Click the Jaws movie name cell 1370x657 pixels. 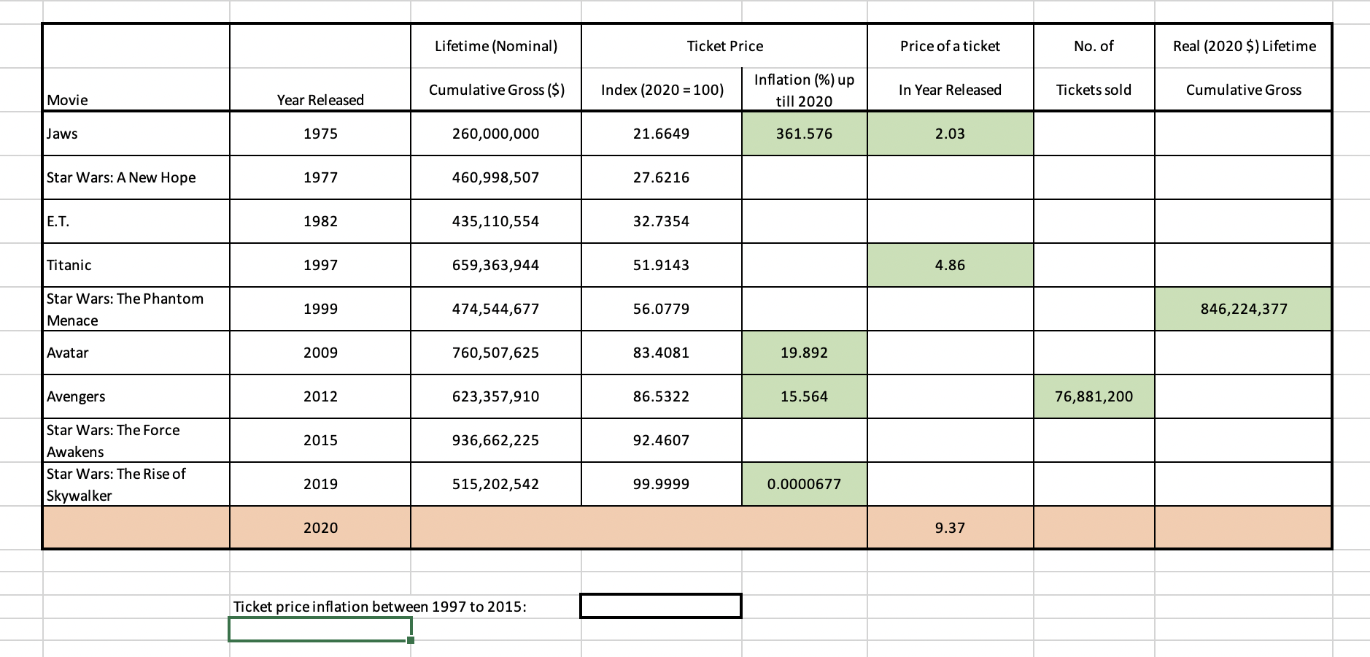coord(63,134)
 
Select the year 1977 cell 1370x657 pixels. coord(320,177)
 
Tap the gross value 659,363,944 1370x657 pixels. coord(495,265)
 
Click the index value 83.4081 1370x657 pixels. coord(661,353)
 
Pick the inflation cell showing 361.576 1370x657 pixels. coord(804,134)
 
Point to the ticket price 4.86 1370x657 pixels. coord(950,265)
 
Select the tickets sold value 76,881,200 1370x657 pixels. coord(1094,396)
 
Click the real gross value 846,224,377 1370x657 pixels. coord(1243,309)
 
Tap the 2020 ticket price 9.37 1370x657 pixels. coord(950,528)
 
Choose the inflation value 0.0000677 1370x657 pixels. coord(804,484)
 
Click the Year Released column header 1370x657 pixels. coord(320,100)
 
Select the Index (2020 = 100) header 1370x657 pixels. coord(662,90)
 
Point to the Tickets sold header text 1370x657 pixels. coord(1094,90)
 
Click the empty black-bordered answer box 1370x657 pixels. coord(661,606)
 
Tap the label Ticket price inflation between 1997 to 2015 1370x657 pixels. coord(379,607)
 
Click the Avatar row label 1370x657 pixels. coord(68,353)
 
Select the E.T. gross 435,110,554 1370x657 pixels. coord(495,221)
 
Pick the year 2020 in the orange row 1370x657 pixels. coord(320,528)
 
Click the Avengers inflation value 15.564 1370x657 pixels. coord(804,396)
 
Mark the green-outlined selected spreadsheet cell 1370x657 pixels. coord(320,629)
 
